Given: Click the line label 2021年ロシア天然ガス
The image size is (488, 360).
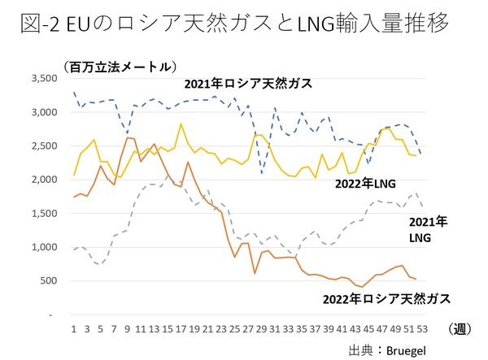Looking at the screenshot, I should (x=247, y=84).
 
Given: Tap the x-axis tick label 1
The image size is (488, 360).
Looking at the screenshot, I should (x=74, y=328).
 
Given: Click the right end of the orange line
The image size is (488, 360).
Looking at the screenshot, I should (x=416, y=280).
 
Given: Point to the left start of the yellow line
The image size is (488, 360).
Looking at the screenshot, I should (x=74, y=175).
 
